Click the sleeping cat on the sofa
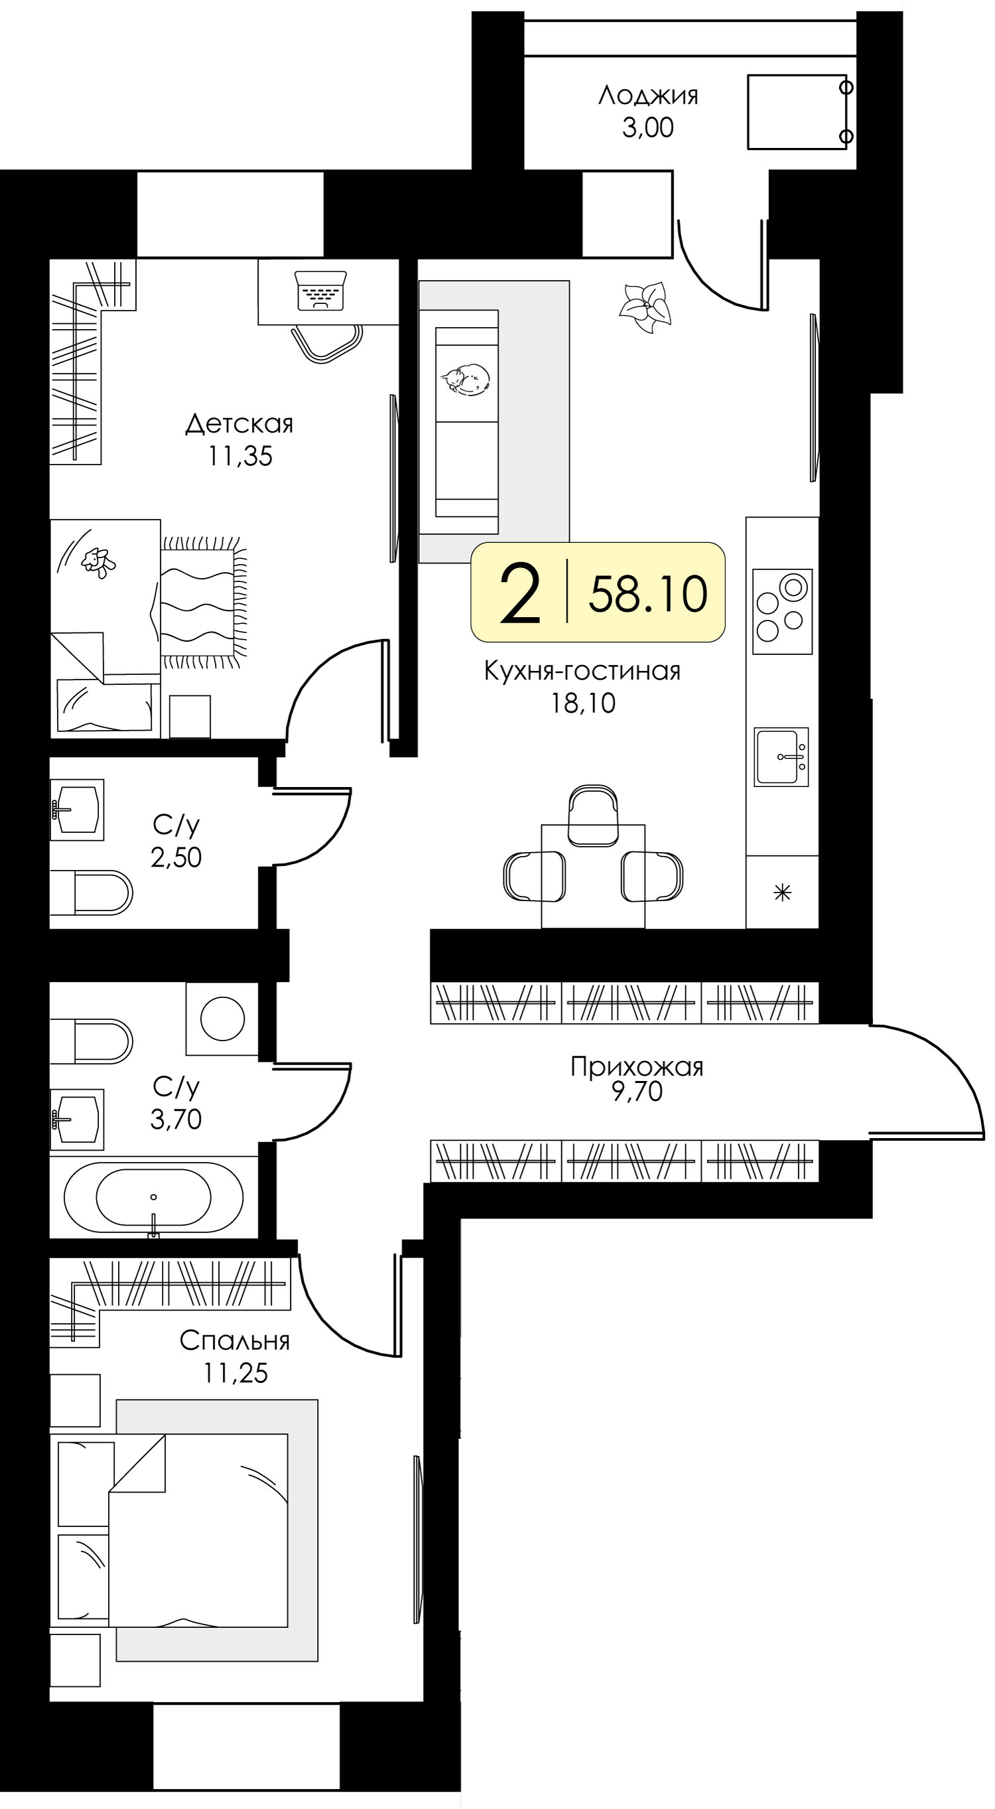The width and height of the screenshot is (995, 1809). tap(465, 379)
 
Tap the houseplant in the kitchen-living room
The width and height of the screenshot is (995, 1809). tap(645, 307)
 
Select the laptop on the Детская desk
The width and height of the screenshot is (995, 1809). tap(322, 290)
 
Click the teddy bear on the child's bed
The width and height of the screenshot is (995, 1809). tap(98, 562)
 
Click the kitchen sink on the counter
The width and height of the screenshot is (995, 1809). tap(781, 757)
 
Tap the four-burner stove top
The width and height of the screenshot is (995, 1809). tap(782, 612)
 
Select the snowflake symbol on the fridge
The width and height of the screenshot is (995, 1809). tap(782, 893)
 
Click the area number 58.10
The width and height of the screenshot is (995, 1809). tap(647, 593)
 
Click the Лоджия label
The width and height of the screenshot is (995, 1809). tap(648, 96)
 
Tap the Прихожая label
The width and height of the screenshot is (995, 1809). tap(637, 1066)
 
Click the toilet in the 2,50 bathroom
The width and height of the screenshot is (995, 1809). tap(92, 893)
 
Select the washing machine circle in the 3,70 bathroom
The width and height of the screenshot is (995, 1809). tap(223, 1018)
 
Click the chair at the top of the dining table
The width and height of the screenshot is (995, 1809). tap(592, 815)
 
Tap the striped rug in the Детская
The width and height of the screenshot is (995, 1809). tap(204, 603)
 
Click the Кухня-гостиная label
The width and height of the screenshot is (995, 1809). tap(582, 671)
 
